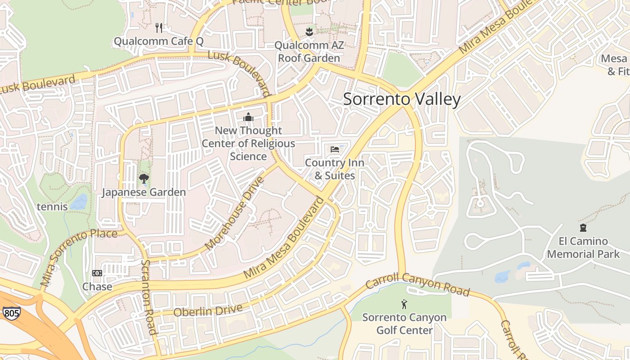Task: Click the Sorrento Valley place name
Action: tap(402, 99)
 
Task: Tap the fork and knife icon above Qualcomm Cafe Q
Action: tap(159, 28)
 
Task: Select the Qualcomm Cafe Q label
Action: tap(158, 41)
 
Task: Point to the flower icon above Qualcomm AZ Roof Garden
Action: tap(309, 31)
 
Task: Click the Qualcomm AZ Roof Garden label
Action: tap(309, 52)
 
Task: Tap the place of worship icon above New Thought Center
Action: tap(248, 117)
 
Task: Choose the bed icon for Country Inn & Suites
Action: tap(334, 149)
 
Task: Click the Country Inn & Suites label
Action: tap(334, 169)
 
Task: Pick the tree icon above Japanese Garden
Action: tap(144, 179)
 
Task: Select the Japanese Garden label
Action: tap(144, 192)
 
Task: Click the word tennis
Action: tap(52, 207)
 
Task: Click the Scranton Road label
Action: tap(149, 297)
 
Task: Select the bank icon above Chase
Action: tap(97, 273)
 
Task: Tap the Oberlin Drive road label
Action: tap(208, 310)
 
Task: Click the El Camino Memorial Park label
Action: tap(583, 247)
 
